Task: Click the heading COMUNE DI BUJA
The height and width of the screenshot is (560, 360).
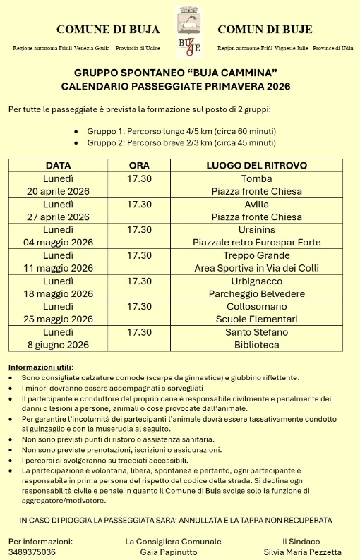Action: pyautogui.click(x=108, y=30)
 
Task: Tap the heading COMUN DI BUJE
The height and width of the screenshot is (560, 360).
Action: pyautogui.click(x=265, y=30)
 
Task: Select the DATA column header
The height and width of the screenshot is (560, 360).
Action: pyautogui.click(x=58, y=166)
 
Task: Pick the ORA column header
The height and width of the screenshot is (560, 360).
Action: pyautogui.click(x=140, y=166)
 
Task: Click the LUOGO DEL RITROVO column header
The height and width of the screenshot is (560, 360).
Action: pyautogui.click(x=256, y=166)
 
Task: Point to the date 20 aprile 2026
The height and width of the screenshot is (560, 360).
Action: pyautogui.click(x=59, y=191)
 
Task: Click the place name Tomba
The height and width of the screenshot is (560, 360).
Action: pyautogui.click(x=256, y=178)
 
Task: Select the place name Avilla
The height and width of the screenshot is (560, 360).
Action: pyautogui.click(x=256, y=204)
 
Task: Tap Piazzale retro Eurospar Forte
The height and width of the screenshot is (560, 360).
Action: pyautogui.click(x=256, y=242)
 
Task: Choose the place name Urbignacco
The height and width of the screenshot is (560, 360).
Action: pyautogui.click(x=256, y=281)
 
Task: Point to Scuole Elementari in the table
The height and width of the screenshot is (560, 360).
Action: pyautogui.click(x=256, y=319)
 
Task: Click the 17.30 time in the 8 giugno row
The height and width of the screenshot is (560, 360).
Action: pyautogui.click(x=140, y=331)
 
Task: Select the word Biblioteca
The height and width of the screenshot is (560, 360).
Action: pyautogui.click(x=256, y=345)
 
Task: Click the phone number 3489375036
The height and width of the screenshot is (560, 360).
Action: pyautogui.click(x=32, y=552)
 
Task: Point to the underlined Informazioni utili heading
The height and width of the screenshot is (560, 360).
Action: pyautogui.click(x=40, y=367)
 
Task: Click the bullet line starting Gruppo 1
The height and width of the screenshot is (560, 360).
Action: pyautogui.click(x=181, y=132)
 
